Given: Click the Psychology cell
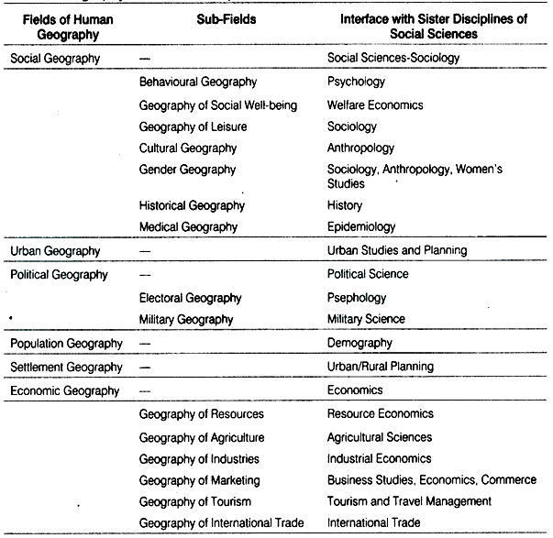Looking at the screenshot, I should pyautogui.click(x=357, y=82).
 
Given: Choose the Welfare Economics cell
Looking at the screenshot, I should pyautogui.click(x=375, y=104).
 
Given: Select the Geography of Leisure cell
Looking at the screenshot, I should pyautogui.click(x=193, y=126).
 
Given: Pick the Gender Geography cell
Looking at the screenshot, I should pyautogui.click(x=187, y=170).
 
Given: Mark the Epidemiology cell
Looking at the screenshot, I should pyautogui.click(x=361, y=226).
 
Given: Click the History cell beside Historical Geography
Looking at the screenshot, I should pyautogui.click(x=345, y=205).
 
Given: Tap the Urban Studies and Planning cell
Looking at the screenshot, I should pyautogui.click(x=397, y=250).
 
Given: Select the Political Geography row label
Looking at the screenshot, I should pyautogui.click(x=55, y=274).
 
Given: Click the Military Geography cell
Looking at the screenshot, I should pyautogui.click(x=187, y=319).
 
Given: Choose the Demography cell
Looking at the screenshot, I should pyautogui.click(x=359, y=343).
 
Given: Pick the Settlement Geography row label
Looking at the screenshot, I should pyautogui.click(x=65, y=367).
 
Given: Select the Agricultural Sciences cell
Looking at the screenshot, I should pyautogui.click(x=380, y=437).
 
